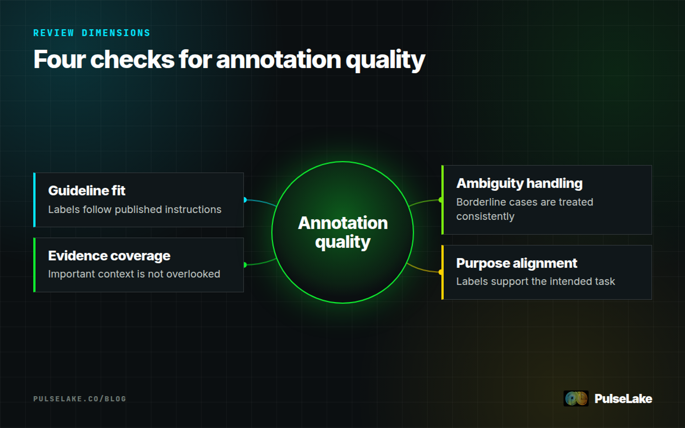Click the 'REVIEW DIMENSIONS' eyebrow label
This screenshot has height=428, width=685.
pyautogui.click(x=92, y=33)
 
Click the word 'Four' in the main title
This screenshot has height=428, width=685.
pyautogui.click(x=60, y=60)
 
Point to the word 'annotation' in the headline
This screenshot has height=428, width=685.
pyautogui.click(x=278, y=60)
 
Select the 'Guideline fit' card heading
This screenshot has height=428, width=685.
pyautogui.click(x=86, y=191)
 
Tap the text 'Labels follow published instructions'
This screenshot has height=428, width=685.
pyautogui.click(x=135, y=209)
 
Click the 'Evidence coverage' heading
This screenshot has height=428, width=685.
pyautogui.click(x=109, y=256)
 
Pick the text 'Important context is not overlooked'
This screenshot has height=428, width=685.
pyautogui.click(x=134, y=274)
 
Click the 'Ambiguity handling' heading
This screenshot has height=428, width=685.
pyautogui.click(x=519, y=183)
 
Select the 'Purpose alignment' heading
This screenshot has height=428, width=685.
pyautogui.click(x=517, y=263)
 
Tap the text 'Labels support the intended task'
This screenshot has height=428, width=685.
pyautogui.click(x=535, y=281)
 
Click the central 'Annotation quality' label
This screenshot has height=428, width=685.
pyautogui.click(x=343, y=232)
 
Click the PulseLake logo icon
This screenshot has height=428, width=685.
pyautogui.click(x=576, y=398)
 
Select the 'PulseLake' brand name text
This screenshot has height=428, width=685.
pyautogui.click(x=623, y=399)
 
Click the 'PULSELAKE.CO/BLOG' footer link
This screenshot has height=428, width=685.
pyautogui.click(x=80, y=399)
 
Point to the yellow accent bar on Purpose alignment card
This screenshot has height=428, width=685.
pyautogui.click(x=442, y=272)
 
